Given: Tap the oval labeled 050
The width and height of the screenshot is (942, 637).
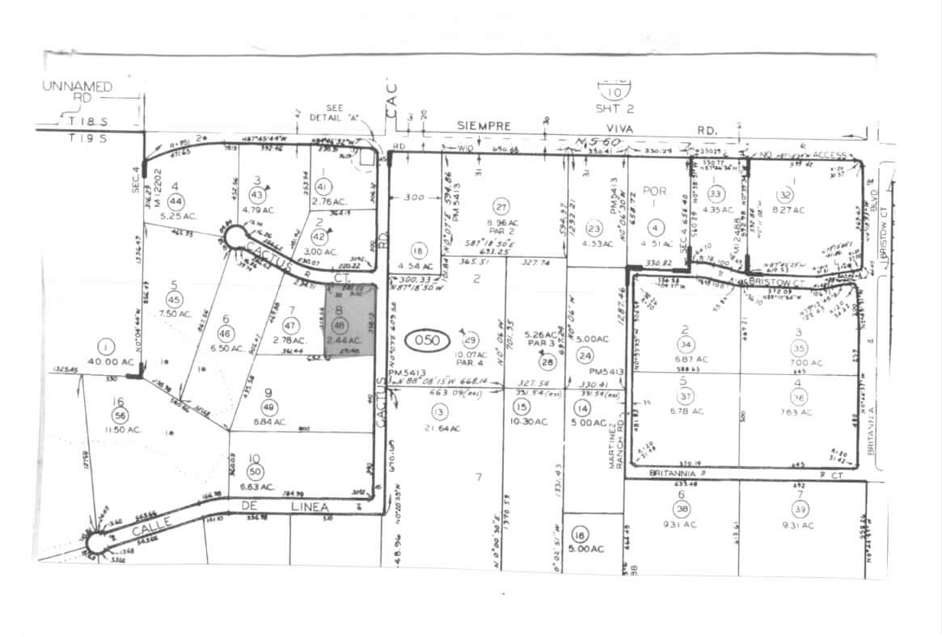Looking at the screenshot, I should (427, 340).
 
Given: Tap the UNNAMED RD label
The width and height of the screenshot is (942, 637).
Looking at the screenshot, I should (78, 91).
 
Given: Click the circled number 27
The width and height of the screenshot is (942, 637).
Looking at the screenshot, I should (501, 205).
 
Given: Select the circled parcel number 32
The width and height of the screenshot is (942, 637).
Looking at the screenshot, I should (784, 195).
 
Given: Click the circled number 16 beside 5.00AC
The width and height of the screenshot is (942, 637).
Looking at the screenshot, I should (578, 535).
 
